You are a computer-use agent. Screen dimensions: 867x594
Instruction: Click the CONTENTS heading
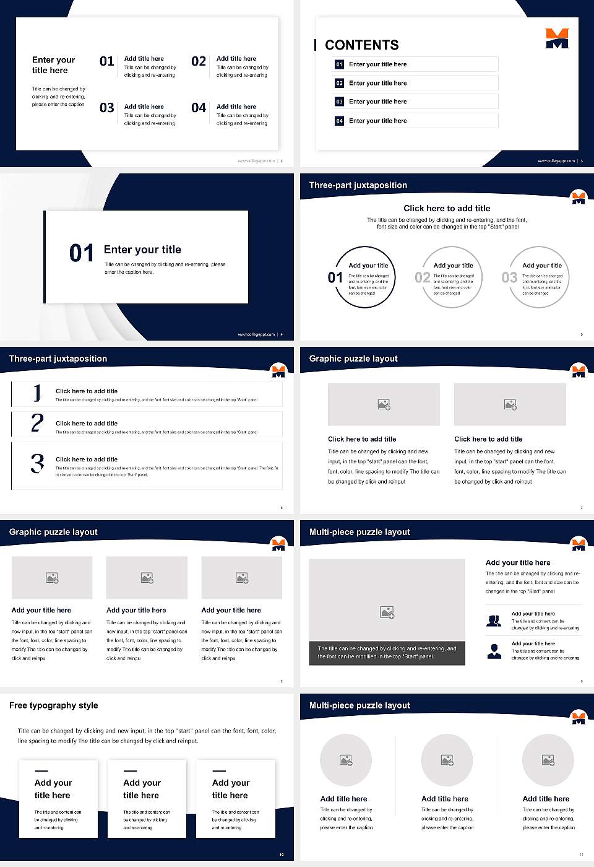[x=361, y=45]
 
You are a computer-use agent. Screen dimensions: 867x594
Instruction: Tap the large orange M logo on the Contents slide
[x=557, y=38]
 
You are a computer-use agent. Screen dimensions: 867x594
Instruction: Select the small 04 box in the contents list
[x=339, y=121]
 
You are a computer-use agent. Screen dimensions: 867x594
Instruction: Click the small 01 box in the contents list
[x=339, y=64]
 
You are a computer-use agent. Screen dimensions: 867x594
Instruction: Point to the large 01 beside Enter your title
[x=82, y=253]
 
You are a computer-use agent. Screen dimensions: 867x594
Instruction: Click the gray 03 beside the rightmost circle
[x=509, y=277]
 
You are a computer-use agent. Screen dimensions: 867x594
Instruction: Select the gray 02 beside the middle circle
[x=423, y=277]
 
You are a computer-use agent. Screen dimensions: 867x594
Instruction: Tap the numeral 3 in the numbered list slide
[x=38, y=463]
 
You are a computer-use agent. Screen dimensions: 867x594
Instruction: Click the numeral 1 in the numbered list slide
[x=37, y=393]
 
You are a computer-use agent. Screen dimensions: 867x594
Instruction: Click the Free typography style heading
[x=54, y=705]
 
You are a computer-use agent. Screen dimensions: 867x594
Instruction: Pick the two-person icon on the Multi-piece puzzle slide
[x=494, y=621]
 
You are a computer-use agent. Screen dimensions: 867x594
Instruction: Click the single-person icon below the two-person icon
[x=494, y=651]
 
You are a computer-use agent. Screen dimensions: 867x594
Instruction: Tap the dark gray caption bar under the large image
[x=387, y=653]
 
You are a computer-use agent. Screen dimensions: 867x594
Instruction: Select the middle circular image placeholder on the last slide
[x=447, y=760]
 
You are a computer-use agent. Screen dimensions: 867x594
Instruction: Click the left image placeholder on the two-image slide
[x=384, y=404]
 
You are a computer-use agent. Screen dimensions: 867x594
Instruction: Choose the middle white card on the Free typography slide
[x=147, y=799]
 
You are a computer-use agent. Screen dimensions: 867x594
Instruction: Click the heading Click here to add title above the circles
[x=447, y=209]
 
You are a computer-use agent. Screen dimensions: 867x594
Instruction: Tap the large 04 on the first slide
[x=199, y=108]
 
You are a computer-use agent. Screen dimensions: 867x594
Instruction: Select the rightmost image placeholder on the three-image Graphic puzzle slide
[x=242, y=578]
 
